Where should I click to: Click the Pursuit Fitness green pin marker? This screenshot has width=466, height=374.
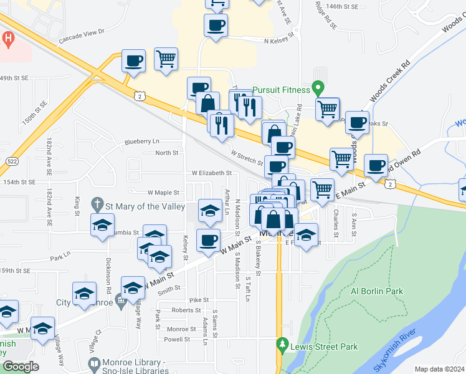318,88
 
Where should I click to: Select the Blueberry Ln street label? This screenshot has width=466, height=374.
142,141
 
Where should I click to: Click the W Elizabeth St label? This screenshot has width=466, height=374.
211,173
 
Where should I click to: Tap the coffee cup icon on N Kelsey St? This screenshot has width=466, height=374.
216,26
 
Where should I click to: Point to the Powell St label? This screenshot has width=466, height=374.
177,340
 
